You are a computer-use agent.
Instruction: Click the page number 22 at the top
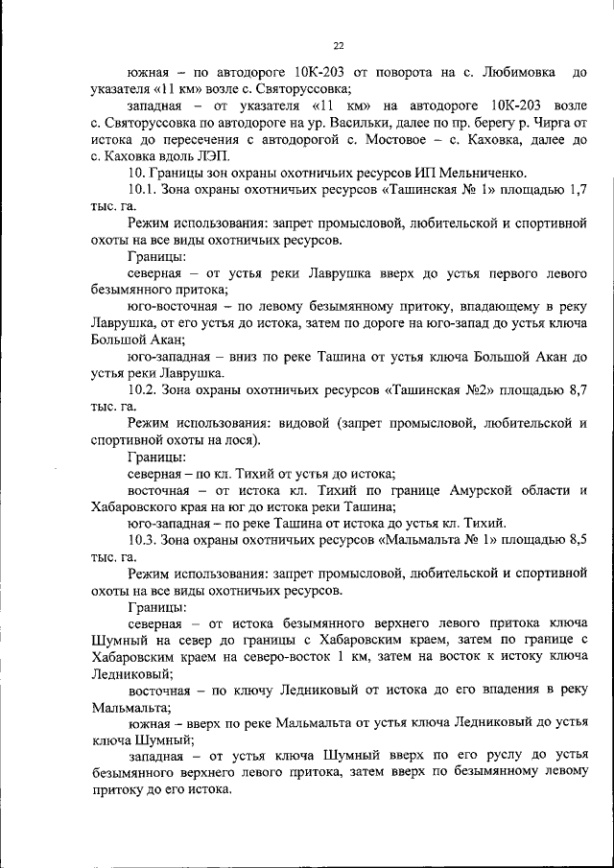(339, 44)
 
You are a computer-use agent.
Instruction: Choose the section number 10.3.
(141, 539)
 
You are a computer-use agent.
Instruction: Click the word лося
(234, 440)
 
